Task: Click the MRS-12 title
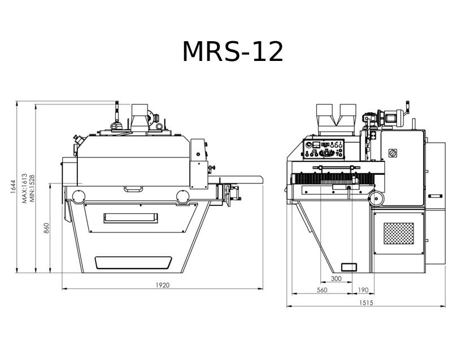pyautogui.click(x=233, y=52)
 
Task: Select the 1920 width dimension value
pyautogui.click(x=163, y=285)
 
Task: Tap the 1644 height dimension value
pyautogui.click(x=13, y=187)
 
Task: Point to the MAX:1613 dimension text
pyautogui.click(x=25, y=188)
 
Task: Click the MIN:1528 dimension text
pyautogui.click(x=32, y=188)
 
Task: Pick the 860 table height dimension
pyautogui.click(x=46, y=227)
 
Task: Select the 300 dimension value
pyautogui.click(x=336, y=278)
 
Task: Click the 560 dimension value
pyautogui.click(x=322, y=290)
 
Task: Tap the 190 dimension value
pyautogui.click(x=363, y=290)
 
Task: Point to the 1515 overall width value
pyautogui.click(x=366, y=302)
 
